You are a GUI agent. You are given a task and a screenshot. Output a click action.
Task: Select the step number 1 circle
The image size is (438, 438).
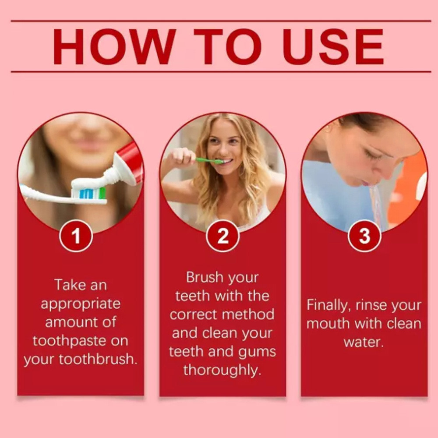tap(76, 236)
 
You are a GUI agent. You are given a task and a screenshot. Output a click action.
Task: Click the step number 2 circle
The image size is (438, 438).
tap(223, 236)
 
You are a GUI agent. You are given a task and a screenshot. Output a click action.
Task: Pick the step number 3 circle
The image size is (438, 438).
tap(364, 236)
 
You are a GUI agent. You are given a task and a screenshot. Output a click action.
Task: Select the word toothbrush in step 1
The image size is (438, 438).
tap(98, 359)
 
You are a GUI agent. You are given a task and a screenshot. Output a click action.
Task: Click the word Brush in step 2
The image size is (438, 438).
tap(205, 277)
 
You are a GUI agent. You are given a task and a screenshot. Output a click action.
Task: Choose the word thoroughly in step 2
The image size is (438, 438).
tap(223, 371)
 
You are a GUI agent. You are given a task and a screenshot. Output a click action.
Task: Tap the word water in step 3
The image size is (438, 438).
tap(364, 343)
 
